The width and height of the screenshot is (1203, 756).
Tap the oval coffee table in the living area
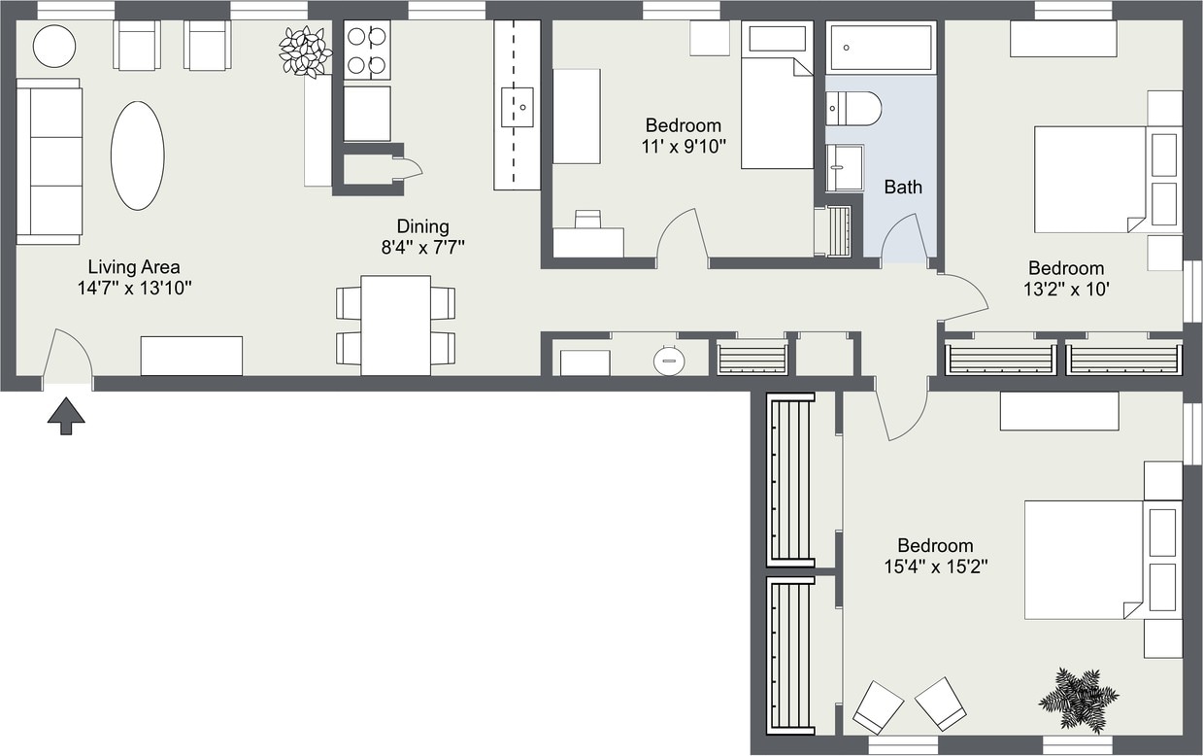pyautogui.click(x=137, y=155)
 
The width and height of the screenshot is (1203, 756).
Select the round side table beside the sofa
pyautogui.click(x=54, y=45)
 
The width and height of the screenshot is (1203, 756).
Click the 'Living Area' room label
pyautogui.click(x=134, y=267)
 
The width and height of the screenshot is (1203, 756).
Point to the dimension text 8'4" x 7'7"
pyautogui.click(x=423, y=247)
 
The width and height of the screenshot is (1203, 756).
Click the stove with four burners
pyautogui.click(x=367, y=51)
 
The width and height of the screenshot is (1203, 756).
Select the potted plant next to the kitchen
pyautogui.click(x=305, y=51)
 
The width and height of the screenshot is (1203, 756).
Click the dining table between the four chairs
pyautogui.click(x=395, y=326)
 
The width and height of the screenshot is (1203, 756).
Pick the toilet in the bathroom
pyautogui.click(x=854, y=108)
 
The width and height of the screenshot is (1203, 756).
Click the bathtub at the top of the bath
pyautogui.click(x=882, y=48)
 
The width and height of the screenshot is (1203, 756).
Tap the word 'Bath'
pyautogui.click(x=903, y=187)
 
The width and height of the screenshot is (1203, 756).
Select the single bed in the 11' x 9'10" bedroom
pyautogui.click(x=777, y=97)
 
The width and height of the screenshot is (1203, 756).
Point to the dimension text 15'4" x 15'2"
pyautogui.click(x=935, y=567)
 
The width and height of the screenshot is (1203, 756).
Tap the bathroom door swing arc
pyautogui.click(x=902, y=238)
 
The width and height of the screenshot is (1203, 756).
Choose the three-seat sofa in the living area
pyautogui.click(x=49, y=161)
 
